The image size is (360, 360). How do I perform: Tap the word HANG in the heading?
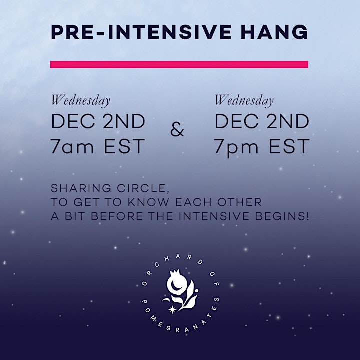click(x=274, y=32)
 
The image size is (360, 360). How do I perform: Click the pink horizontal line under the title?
click(x=179, y=64)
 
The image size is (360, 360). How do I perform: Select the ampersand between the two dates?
click(x=177, y=130)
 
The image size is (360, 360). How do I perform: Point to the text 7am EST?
click(x=98, y=146)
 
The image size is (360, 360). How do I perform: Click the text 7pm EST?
click(x=262, y=147)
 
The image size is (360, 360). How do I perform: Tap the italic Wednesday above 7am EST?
click(x=81, y=101)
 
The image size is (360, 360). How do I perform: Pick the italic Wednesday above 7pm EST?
click(x=244, y=101)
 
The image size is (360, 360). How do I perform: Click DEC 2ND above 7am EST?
click(x=98, y=121)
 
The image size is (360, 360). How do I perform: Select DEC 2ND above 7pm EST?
click(x=262, y=121)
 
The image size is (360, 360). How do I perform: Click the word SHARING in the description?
click(x=81, y=188)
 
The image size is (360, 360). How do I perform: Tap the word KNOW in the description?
click(x=148, y=202)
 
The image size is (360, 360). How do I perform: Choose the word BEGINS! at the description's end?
click(x=282, y=216)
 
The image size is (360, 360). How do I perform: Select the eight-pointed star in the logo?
click(x=172, y=310)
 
